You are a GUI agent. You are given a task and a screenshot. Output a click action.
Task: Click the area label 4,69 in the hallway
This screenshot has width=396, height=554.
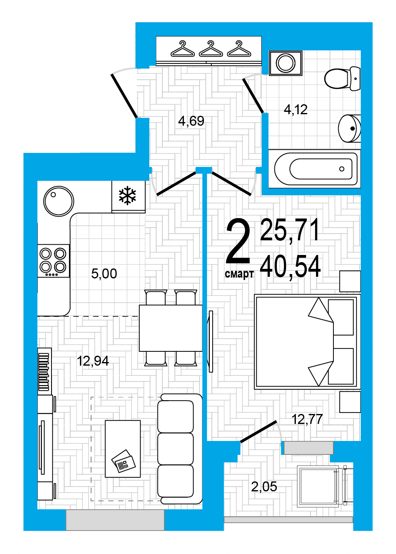tap(191, 121)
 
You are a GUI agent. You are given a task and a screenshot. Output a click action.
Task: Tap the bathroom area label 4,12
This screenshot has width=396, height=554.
tap(295, 109)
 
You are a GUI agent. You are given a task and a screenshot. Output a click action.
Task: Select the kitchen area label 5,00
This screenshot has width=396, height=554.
tap(104, 274)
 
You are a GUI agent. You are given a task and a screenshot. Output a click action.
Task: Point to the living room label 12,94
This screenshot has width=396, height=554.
tap(93, 361)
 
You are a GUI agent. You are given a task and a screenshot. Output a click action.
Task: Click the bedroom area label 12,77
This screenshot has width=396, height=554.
tap(307, 419)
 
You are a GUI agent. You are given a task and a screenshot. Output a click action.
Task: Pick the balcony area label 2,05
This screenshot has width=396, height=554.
tap(264, 487)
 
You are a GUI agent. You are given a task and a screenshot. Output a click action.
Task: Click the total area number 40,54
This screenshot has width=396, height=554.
tap(290, 267)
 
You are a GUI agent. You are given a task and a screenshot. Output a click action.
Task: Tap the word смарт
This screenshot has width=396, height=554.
tap(239, 274)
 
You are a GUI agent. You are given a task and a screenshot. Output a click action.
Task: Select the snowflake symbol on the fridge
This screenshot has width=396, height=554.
tap(128, 196)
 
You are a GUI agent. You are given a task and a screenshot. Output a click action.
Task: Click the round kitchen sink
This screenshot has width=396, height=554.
tap(59, 201)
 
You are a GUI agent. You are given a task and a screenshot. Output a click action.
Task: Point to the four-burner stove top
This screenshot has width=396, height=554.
tap(53, 261)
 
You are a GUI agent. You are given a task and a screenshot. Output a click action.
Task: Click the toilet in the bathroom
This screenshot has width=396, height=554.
tap(342, 79)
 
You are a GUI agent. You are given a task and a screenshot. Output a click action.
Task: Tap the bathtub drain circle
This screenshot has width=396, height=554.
tap(342, 169)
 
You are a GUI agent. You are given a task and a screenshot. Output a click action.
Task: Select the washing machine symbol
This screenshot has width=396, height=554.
tap(286, 63)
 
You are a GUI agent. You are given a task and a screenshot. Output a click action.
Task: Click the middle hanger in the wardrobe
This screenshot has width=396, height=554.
tap(211, 49)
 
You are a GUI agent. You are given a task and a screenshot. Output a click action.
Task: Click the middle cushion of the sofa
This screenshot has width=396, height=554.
tap(175, 449)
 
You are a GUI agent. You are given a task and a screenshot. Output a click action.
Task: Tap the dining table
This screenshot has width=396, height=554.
tap(171, 328)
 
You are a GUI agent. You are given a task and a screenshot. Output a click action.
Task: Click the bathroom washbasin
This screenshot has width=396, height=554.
tap(349, 128)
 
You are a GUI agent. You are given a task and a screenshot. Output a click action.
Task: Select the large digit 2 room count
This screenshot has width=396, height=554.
tap(238, 241)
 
